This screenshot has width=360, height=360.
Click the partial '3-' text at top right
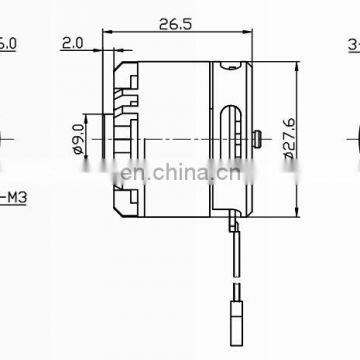pyautogui.click(x=353, y=44)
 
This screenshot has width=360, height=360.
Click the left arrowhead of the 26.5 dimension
pyautogui.click(x=110, y=34)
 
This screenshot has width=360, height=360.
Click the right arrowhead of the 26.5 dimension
pyautogui.click(x=250, y=34)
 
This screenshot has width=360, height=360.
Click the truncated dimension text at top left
pyautogui.click(x=8, y=44)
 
